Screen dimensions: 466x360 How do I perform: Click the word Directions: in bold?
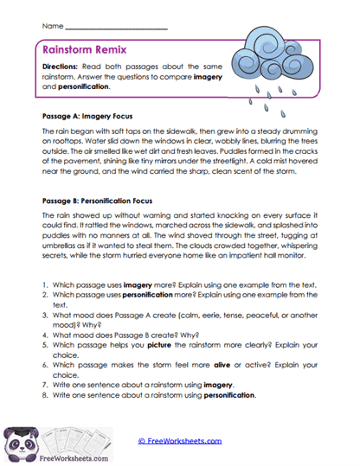coord(63,67)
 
